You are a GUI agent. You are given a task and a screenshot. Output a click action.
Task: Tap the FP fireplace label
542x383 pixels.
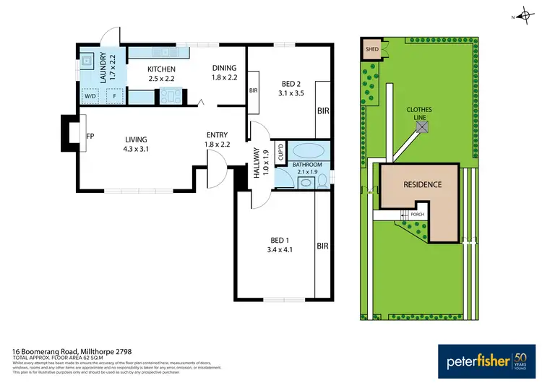click(x=90, y=135)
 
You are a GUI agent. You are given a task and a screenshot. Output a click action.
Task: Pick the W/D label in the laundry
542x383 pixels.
click(x=90, y=95)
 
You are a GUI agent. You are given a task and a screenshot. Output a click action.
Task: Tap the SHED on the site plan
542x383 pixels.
click(x=372, y=49)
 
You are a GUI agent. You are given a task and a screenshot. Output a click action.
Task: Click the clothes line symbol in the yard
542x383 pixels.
click(x=422, y=128)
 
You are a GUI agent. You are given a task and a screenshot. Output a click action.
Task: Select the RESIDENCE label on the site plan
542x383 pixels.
click(x=421, y=185)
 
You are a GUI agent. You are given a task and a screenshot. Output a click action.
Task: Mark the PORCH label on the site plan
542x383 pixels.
click(x=417, y=215)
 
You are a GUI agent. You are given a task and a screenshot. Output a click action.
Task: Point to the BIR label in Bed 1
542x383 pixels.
click(x=322, y=246)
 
